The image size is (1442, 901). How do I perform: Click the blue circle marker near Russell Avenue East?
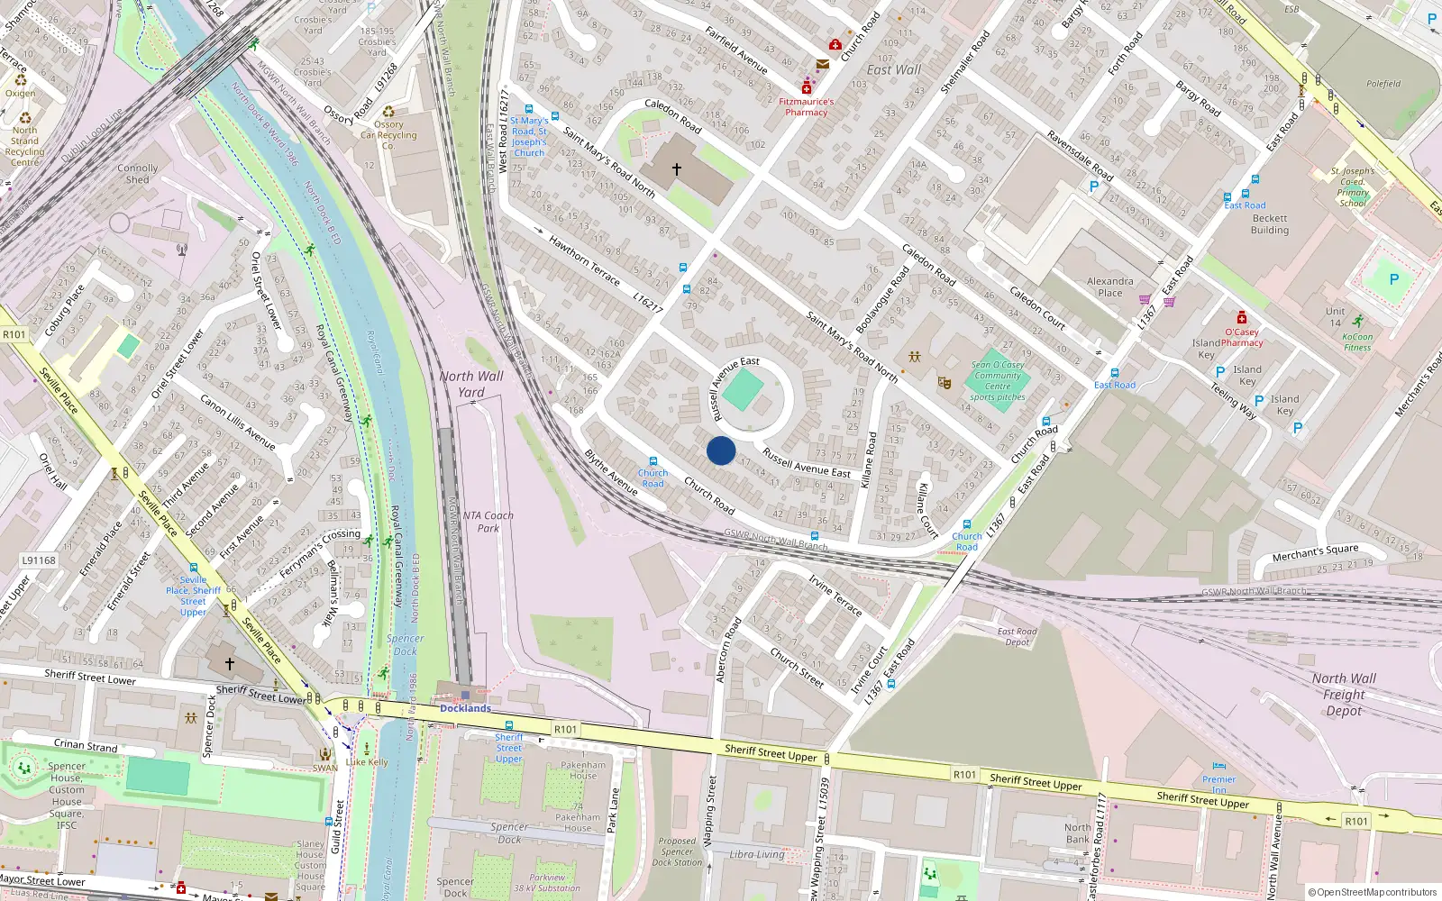(721, 450)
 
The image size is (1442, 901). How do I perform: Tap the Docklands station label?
(465, 708)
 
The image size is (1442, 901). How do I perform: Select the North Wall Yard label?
(471, 384)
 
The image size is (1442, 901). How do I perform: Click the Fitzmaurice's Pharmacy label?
(806, 107)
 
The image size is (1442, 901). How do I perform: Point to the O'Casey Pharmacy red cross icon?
(1242, 317)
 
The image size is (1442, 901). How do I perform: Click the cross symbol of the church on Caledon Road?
(676, 168)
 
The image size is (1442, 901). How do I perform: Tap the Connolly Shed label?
(137, 174)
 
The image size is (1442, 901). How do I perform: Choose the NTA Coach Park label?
(488, 522)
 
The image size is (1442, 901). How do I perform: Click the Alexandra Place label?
(1109, 287)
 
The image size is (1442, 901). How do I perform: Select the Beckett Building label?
(1269, 224)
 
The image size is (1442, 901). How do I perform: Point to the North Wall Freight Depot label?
(1344, 695)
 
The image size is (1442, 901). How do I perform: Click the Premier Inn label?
(1218, 784)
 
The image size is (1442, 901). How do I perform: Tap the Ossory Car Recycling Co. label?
(388, 135)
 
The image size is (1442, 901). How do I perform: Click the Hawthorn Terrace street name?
(584, 260)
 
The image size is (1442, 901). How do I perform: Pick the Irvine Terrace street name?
(835, 595)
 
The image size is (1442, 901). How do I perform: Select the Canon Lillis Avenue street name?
(237, 422)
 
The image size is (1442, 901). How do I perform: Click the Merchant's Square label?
(1315, 551)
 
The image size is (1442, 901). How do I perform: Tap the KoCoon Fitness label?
(1357, 342)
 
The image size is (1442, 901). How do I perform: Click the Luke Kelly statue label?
(367, 762)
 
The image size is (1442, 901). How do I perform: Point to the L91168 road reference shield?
(39, 560)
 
